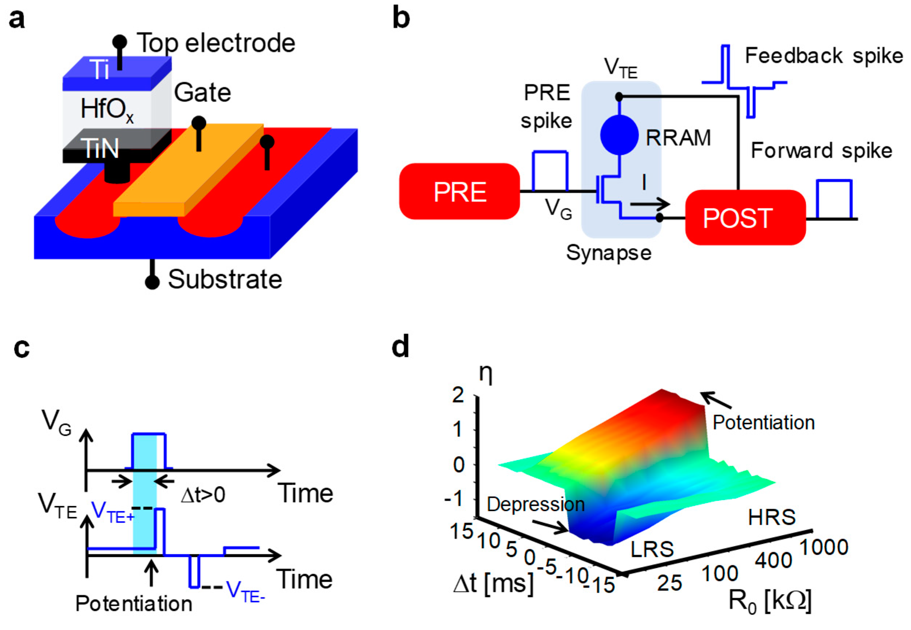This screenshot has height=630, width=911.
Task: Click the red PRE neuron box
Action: pyautogui.click(x=459, y=192)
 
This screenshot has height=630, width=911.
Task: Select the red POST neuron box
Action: pyautogui.click(x=745, y=217)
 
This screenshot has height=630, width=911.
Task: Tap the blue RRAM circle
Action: pyautogui.click(x=619, y=135)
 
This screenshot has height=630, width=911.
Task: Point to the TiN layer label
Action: pyautogui.click(x=100, y=148)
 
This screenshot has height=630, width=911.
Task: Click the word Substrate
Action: pyautogui.click(x=225, y=279)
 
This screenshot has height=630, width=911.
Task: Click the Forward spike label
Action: pyautogui.click(x=821, y=150)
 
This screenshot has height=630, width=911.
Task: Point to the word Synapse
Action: pyautogui.click(x=609, y=253)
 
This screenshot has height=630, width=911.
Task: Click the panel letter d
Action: pyautogui.click(x=400, y=346)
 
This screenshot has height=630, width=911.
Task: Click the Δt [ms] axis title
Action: pyautogui.click(x=493, y=583)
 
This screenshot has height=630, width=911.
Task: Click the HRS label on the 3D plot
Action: pyautogui.click(x=771, y=517)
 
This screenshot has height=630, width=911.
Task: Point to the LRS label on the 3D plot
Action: pyautogui.click(x=652, y=549)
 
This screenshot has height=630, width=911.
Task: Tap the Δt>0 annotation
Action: pyautogui.click(x=203, y=494)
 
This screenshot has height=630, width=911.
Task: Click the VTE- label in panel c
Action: pyautogui.click(x=245, y=592)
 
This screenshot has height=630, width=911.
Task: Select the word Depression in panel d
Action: pyautogui.click(x=535, y=505)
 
